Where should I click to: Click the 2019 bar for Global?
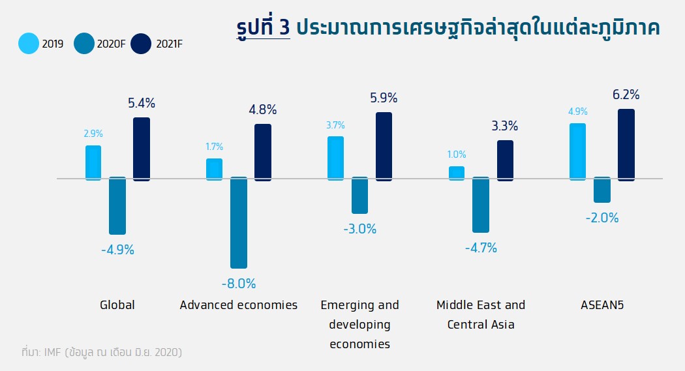pyautogui.click(x=93, y=162)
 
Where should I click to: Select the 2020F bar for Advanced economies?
pyautogui.click(x=239, y=222)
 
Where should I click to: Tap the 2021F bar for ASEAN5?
pyautogui.click(x=626, y=144)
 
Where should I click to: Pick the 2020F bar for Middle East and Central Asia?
pyautogui.click(x=481, y=205)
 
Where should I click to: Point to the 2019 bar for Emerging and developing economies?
pyautogui.click(x=335, y=157)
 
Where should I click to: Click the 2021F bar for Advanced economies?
pyautogui.click(x=263, y=151)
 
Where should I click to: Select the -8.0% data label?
pyautogui.click(x=239, y=284)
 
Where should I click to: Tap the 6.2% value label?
pyautogui.click(x=626, y=95)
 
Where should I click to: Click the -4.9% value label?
pyautogui.click(x=117, y=250)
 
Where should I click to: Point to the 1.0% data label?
pyautogui.click(x=457, y=155)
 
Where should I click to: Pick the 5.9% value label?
pyautogui.click(x=384, y=98)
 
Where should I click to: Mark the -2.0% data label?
pyautogui.click(x=602, y=218)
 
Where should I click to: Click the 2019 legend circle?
pyautogui.click(x=28, y=44)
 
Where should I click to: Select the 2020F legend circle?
pyautogui.click(x=85, y=44)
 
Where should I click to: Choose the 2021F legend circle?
pyautogui.click(x=141, y=44)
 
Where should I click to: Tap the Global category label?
pyautogui.click(x=117, y=305)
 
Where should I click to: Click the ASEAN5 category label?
pyautogui.click(x=602, y=305)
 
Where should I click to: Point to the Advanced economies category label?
pyautogui.click(x=239, y=305)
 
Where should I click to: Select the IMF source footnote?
pyautogui.click(x=101, y=353)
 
